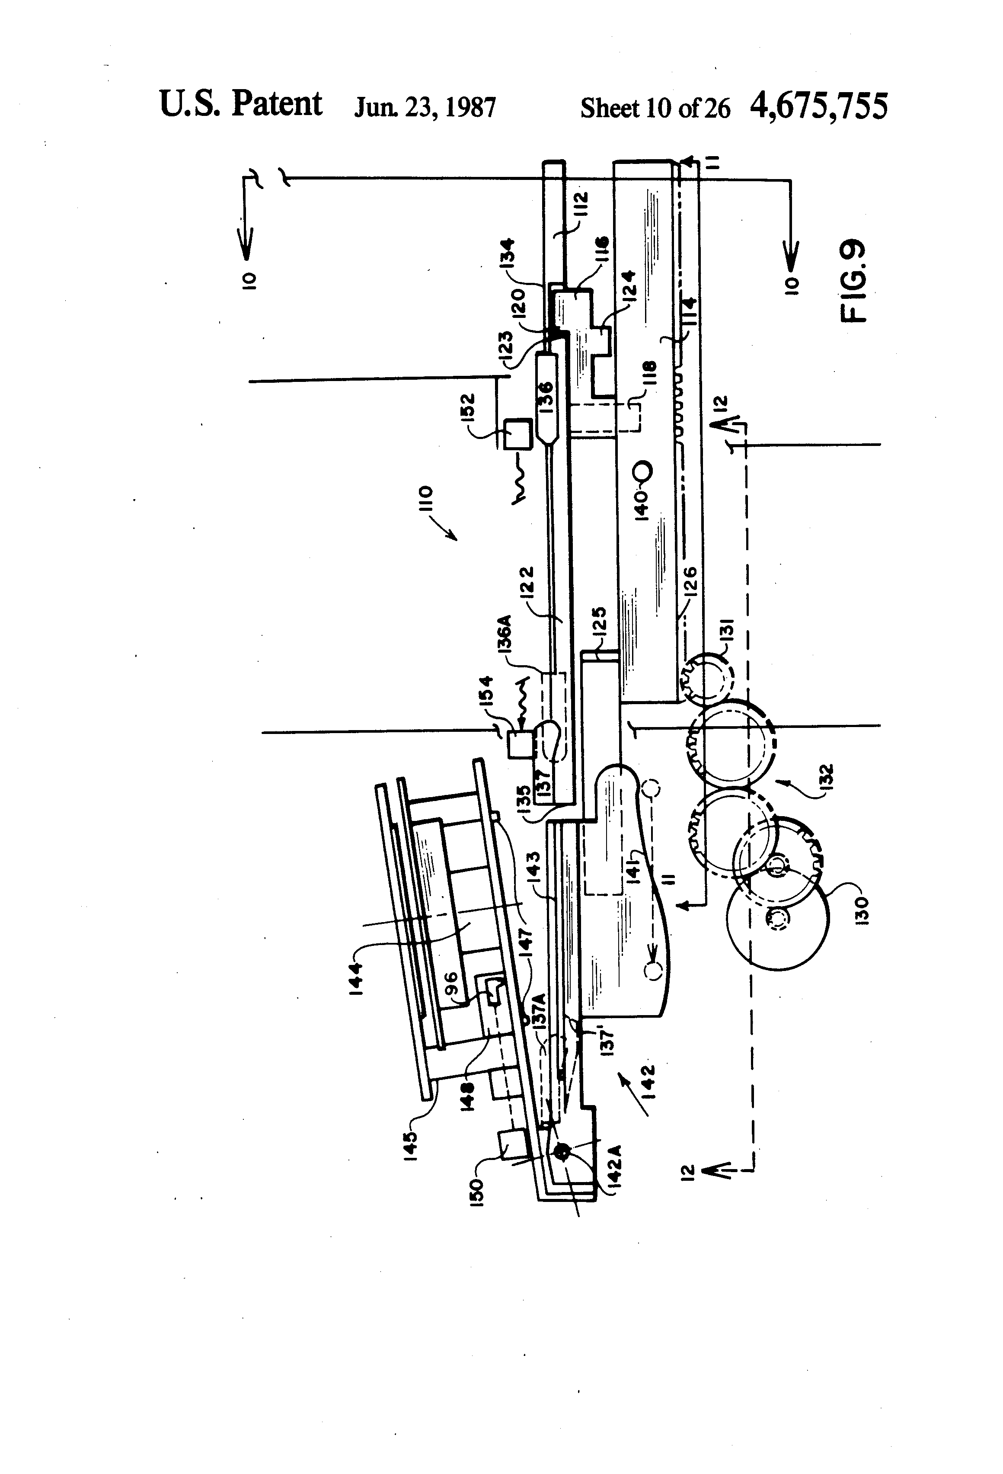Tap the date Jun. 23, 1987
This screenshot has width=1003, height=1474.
pyautogui.click(x=425, y=108)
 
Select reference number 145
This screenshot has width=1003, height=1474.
pyautogui.click(x=409, y=1144)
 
